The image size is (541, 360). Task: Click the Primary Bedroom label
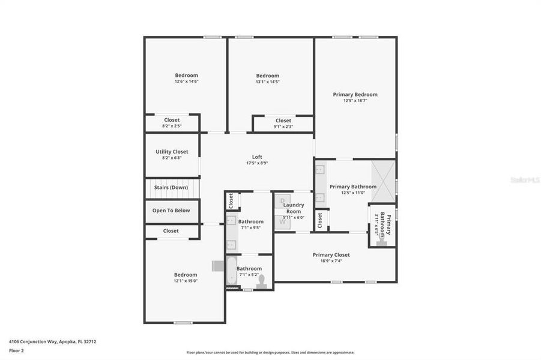(355, 94)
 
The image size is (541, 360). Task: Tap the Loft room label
(257, 157)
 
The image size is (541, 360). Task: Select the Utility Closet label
(172, 152)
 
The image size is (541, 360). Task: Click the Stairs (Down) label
(171, 187)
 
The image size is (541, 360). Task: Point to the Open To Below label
(171, 211)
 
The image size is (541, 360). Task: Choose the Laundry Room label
(294, 208)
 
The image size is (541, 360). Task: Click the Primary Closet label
(331, 255)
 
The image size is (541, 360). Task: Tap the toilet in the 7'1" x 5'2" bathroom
(261, 281)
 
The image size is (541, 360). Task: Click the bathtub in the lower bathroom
(231, 270)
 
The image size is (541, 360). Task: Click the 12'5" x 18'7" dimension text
(355, 101)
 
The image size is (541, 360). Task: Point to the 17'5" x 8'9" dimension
(257, 163)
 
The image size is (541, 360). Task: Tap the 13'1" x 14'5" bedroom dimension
(268, 82)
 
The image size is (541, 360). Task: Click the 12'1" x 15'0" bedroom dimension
(186, 281)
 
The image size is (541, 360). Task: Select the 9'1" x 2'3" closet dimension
(283, 127)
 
